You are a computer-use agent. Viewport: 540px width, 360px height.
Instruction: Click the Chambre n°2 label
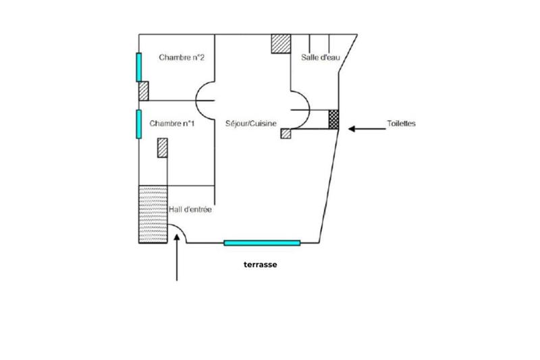pyautogui.click(x=182, y=58)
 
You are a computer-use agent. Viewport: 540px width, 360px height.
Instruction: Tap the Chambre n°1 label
pyautogui.click(x=172, y=124)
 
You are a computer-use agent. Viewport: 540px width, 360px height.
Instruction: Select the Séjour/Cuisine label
pyautogui.click(x=251, y=124)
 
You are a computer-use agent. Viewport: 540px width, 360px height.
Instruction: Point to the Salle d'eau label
pyautogui.click(x=320, y=58)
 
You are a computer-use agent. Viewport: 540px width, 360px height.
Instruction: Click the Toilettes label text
pyautogui.click(x=401, y=124)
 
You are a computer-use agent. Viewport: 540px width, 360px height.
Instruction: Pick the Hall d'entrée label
pyautogui.click(x=190, y=210)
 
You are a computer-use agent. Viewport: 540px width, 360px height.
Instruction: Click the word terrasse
pyautogui.click(x=261, y=265)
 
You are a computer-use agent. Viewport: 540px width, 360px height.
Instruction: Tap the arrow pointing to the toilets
pyautogui.click(x=364, y=126)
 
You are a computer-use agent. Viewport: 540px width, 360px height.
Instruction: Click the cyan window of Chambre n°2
pyautogui.click(x=139, y=67)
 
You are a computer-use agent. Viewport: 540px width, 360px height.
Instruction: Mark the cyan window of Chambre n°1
pyautogui.click(x=138, y=124)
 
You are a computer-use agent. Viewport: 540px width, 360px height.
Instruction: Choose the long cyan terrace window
pyautogui.click(x=262, y=242)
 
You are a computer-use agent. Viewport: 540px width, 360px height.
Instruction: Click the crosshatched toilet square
pyautogui.click(x=333, y=119)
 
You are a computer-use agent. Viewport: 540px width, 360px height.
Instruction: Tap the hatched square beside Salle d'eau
pyautogui.click(x=280, y=43)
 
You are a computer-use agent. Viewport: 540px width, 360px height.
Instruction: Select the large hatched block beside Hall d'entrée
pyautogui.click(x=153, y=214)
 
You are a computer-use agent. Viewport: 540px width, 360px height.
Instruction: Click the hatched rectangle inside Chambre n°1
pyautogui.click(x=162, y=147)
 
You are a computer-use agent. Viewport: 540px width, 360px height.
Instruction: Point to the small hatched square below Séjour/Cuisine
pyautogui.click(x=286, y=133)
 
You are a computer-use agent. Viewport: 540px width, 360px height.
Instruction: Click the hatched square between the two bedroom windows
pyautogui.click(x=143, y=91)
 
